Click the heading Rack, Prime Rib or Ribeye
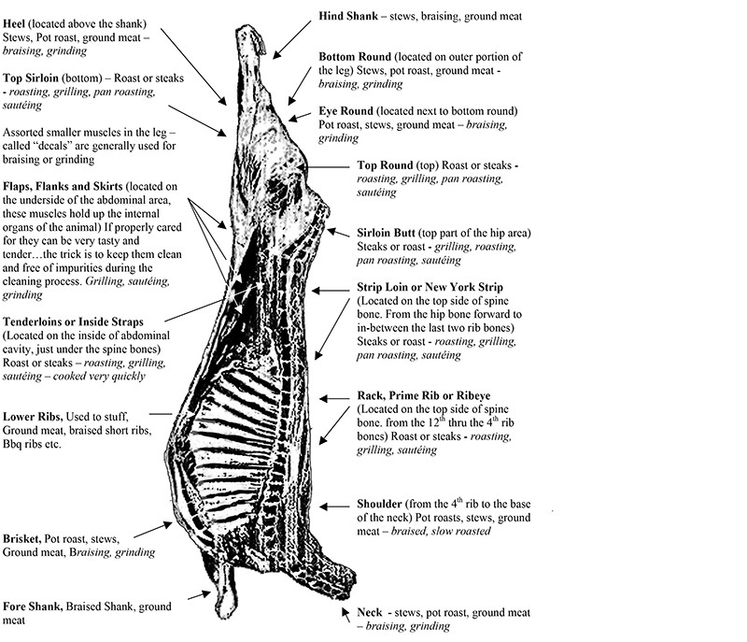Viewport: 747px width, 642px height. point(429,395)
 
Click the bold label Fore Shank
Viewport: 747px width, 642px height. point(34,606)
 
